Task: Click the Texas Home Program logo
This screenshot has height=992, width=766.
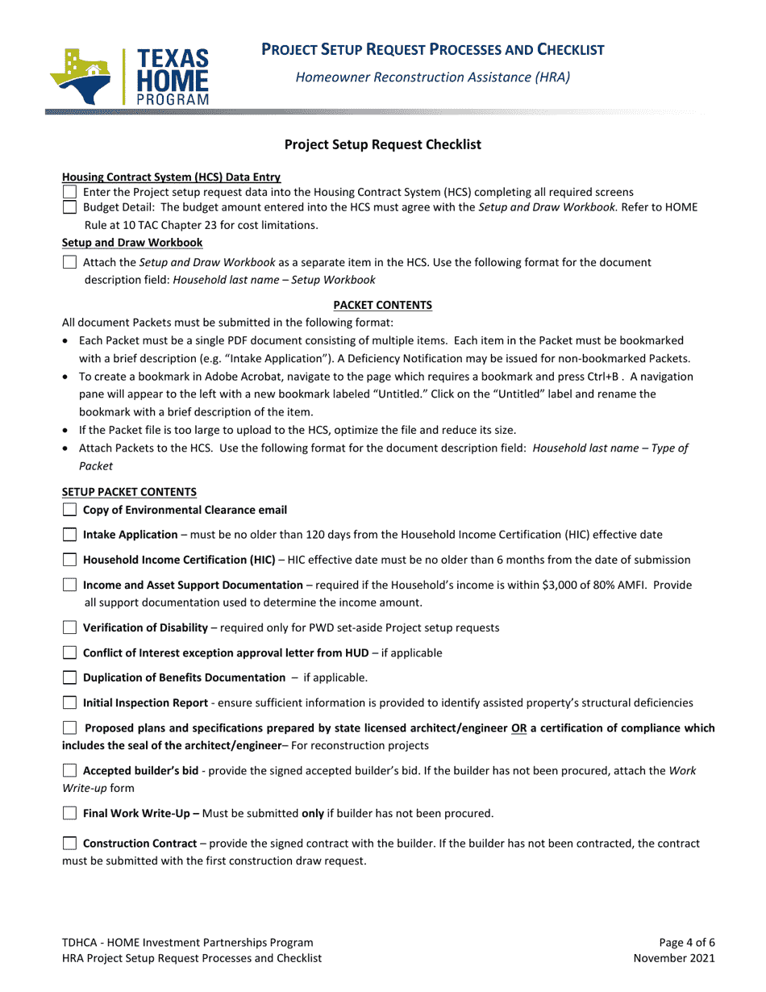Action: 129,77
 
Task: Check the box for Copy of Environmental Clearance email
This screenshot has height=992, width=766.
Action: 70,510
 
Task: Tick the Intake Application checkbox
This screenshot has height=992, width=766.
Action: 70,534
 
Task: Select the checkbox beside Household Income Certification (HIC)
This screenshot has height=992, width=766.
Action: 70,560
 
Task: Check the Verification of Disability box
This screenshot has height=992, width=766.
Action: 70,628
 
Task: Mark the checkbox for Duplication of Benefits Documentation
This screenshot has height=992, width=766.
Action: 70,678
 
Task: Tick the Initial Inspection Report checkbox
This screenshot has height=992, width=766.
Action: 70,703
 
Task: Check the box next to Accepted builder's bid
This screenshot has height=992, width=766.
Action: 70,771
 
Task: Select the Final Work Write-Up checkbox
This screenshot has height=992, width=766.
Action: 70,813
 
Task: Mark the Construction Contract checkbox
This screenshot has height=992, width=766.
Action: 70,844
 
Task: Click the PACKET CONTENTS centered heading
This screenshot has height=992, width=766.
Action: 382,305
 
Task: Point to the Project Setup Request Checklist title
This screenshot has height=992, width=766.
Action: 382,144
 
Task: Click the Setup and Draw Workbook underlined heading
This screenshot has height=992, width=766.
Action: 132,243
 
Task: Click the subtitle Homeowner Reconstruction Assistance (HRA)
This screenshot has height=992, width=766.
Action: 432,77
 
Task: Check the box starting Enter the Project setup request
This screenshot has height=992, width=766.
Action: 70,192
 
